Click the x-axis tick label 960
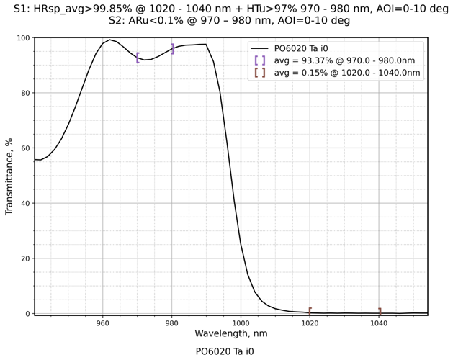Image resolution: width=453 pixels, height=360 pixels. click(x=102, y=323)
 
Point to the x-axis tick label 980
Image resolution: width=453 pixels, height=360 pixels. click(x=171, y=323)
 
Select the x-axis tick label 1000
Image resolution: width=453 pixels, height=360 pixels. click(x=241, y=323)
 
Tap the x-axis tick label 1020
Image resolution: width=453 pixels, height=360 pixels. click(x=310, y=323)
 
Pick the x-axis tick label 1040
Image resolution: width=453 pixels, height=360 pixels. click(x=379, y=323)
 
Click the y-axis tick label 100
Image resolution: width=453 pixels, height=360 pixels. click(x=22, y=38)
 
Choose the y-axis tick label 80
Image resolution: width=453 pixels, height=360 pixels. click(x=24, y=93)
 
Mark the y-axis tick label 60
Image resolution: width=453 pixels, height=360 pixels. click(x=24, y=148)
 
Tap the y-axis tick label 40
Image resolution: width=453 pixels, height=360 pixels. click(x=24, y=203)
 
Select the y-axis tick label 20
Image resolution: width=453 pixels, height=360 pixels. click(x=24, y=258)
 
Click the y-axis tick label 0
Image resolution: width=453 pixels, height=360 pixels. click(x=27, y=314)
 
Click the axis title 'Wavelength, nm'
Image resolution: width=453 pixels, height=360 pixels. click(x=230, y=334)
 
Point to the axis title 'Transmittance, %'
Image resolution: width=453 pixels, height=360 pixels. click(x=9, y=176)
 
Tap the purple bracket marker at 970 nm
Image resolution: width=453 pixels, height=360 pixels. click(x=138, y=58)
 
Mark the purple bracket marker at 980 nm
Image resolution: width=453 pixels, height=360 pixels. click(x=172, y=49)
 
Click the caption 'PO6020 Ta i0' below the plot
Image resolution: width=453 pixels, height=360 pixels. click(x=225, y=352)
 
